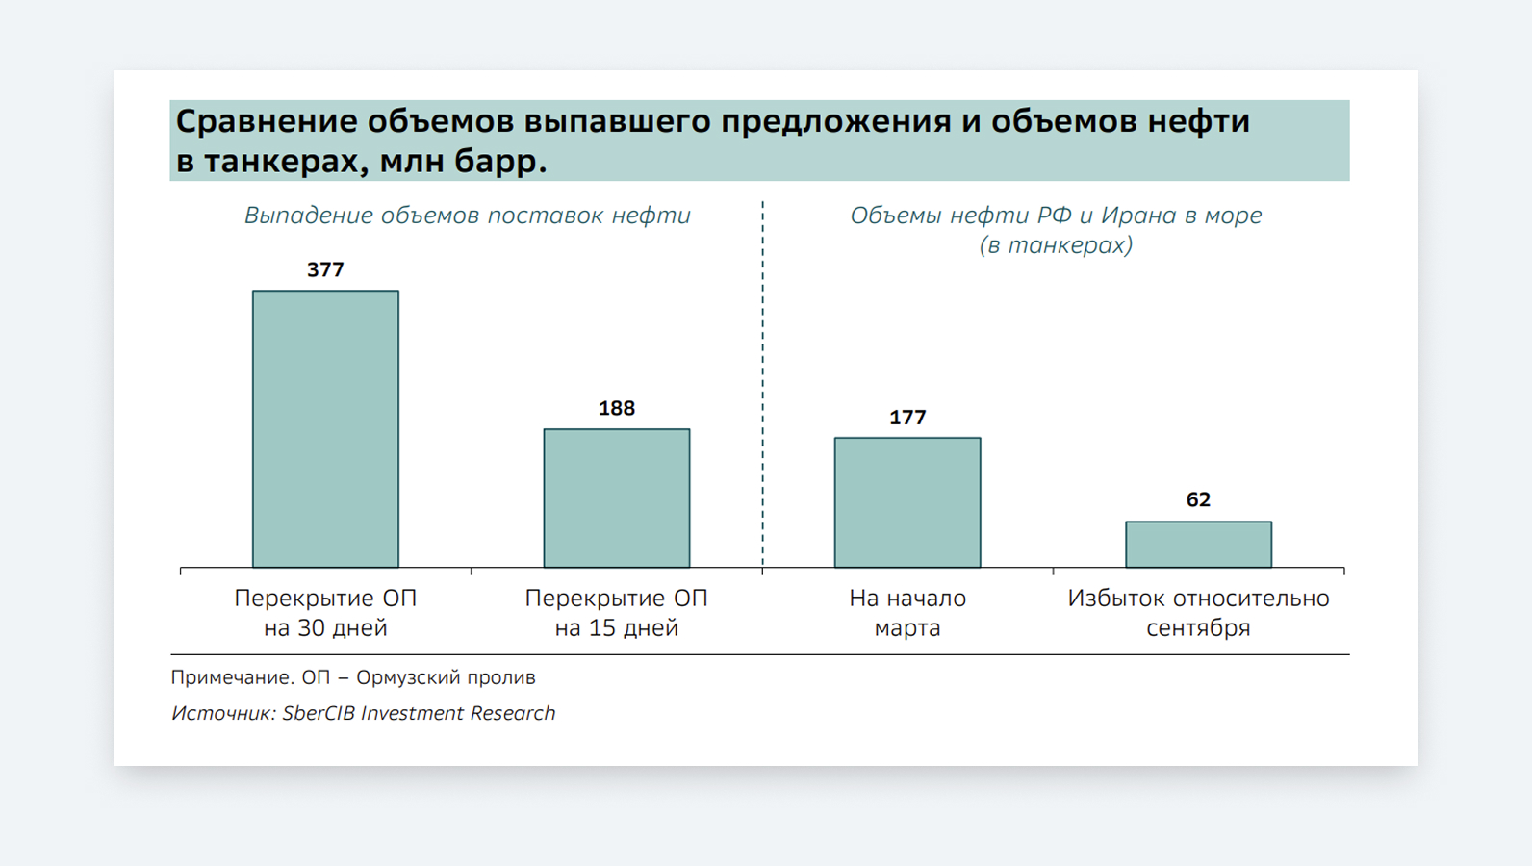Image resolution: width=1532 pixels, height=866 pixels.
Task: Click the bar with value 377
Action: pyautogui.click(x=325, y=429)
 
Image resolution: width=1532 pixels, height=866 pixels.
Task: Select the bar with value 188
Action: pyautogui.click(x=616, y=498)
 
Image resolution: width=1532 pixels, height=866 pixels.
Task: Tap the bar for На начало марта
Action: pyautogui.click(x=906, y=502)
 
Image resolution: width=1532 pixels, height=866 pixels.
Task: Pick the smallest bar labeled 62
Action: pyautogui.click(x=1198, y=545)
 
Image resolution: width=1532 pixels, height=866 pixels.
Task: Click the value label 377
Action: pyautogui.click(x=325, y=270)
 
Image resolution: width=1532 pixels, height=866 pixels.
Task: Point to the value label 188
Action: pyautogui.click(x=616, y=409)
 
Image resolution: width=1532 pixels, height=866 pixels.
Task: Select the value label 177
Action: pyautogui.click(x=906, y=418)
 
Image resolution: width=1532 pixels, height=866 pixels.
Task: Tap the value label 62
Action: pyautogui.click(x=1198, y=500)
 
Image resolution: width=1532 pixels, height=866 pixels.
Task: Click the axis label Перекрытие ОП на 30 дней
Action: pyautogui.click(x=325, y=613)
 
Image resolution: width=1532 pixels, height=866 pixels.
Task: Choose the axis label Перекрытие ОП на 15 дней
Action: pyautogui.click(x=616, y=613)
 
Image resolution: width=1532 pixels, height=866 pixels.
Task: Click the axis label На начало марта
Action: pyautogui.click(x=906, y=613)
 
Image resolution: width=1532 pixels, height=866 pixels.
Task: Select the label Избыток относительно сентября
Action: pyautogui.click(x=1198, y=613)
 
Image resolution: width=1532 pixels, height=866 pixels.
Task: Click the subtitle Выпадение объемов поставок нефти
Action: pyautogui.click(x=467, y=216)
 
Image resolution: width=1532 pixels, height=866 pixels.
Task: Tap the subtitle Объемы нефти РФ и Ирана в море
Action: pyautogui.click(x=1055, y=216)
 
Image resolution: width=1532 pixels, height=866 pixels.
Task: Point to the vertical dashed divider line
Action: pyautogui.click(x=763, y=385)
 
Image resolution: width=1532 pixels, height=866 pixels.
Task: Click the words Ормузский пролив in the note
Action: pyautogui.click(x=446, y=677)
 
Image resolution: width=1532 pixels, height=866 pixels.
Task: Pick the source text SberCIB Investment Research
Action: pyautogui.click(x=419, y=713)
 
